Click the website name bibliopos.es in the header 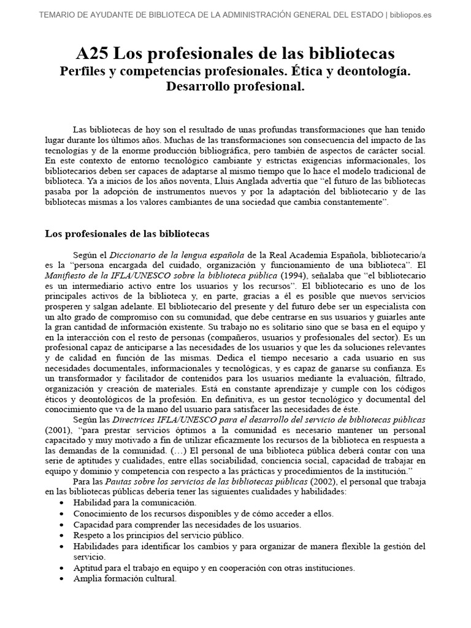click(x=411, y=15)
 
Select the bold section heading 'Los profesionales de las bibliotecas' click(x=128, y=234)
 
